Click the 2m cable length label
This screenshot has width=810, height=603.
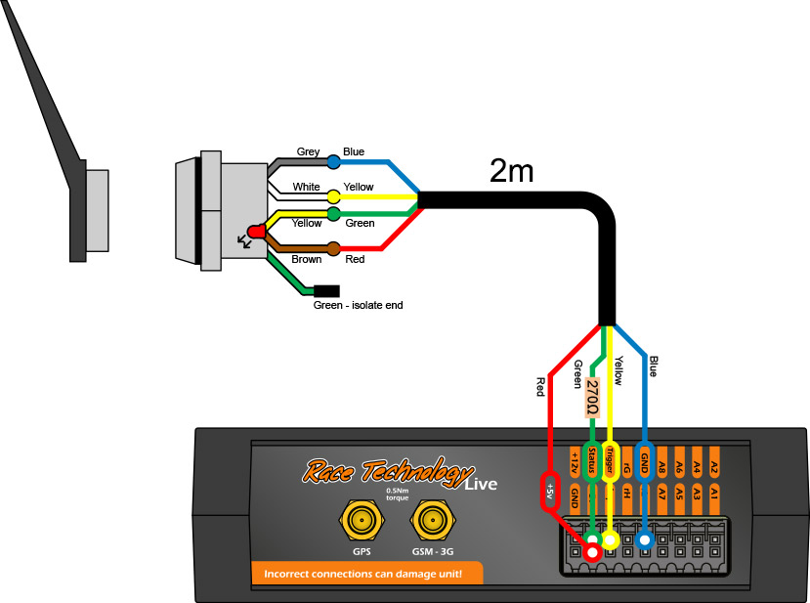(x=511, y=173)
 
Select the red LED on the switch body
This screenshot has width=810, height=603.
(x=257, y=232)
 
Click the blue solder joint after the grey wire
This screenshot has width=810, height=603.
(x=334, y=161)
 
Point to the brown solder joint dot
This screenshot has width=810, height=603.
(x=334, y=248)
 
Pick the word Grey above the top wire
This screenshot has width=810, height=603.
(x=309, y=151)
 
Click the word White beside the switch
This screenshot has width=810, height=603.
(x=307, y=187)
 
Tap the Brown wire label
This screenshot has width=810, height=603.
(x=307, y=260)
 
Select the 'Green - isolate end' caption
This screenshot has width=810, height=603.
(x=358, y=305)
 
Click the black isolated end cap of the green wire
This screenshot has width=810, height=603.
(x=326, y=290)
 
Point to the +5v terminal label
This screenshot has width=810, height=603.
(x=550, y=489)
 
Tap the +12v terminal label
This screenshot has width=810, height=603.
(x=574, y=459)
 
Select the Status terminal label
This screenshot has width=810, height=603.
(x=591, y=459)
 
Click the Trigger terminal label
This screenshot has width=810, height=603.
(x=611, y=459)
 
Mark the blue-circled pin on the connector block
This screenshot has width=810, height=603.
(x=645, y=539)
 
